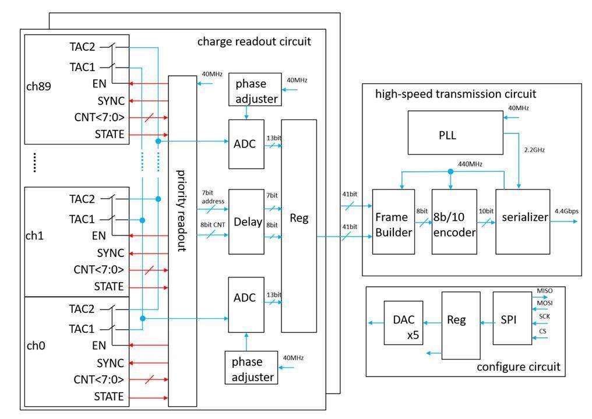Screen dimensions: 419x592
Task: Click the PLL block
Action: [447, 135]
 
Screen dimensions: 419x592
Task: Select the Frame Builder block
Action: [393, 221]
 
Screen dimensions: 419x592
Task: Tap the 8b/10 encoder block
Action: [454, 221]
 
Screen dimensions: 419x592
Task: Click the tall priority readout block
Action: [182, 240]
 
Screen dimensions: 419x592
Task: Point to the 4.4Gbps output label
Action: [566, 211]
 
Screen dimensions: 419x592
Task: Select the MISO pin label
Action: [544, 290]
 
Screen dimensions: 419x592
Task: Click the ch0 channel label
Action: [36, 346]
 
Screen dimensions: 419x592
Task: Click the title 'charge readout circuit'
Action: [254, 41]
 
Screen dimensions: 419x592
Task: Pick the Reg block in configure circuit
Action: [456, 321]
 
